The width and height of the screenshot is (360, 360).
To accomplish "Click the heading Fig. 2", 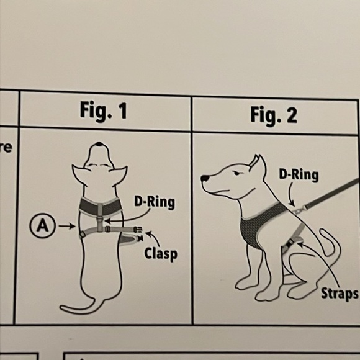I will (273, 115).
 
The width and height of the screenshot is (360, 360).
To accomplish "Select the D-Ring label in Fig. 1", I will (154, 202).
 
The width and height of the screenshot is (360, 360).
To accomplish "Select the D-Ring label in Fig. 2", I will (298, 175).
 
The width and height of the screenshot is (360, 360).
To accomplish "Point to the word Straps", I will (340, 293).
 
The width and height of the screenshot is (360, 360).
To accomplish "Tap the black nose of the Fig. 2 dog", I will (205, 179).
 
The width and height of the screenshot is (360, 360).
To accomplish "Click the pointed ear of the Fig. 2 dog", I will (253, 163).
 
